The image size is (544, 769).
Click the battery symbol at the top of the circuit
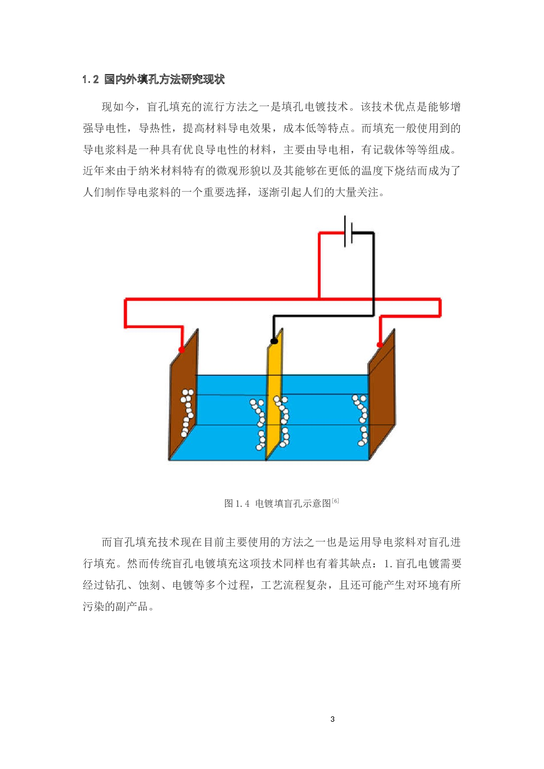pyautogui.click(x=348, y=231)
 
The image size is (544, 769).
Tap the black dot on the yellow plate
pyautogui.click(x=274, y=341)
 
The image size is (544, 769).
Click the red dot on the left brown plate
pyautogui.click(x=182, y=349)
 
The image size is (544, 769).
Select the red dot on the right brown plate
pyautogui.click(x=380, y=345)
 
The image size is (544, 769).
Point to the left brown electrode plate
pyautogui.click(x=183, y=395)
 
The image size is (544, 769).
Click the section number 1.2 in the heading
pyautogui.click(x=90, y=79)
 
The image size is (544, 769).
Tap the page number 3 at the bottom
pyautogui.click(x=333, y=719)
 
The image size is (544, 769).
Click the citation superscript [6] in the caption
pyautogui.click(x=335, y=501)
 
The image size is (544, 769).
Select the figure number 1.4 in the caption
pyautogui.click(x=243, y=504)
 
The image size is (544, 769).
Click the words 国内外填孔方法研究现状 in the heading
pyautogui.click(x=165, y=79)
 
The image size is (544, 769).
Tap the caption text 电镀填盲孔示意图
pyautogui.click(x=293, y=504)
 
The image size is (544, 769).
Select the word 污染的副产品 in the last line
pyautogui.click(x=115, y=607)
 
